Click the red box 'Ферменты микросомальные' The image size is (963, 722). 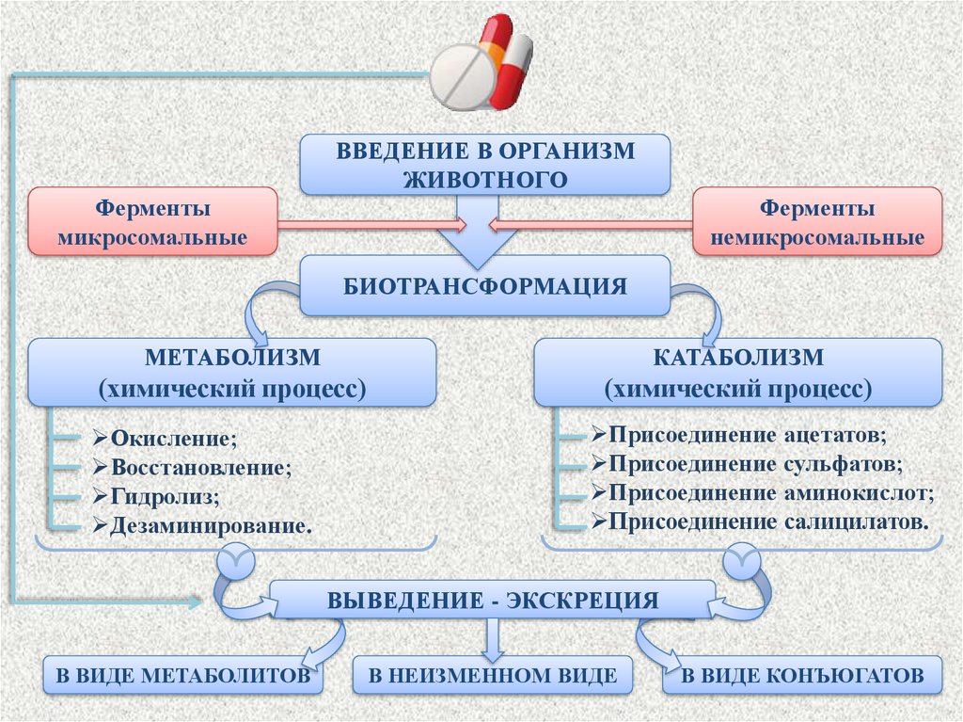click(x=152, y=221)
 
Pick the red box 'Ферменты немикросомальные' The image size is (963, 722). click(x=817, y=221)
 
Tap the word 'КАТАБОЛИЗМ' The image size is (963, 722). click(x=738, y=359)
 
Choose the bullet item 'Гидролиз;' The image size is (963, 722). click(x=166, y=495)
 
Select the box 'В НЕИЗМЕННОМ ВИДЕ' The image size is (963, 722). click(x=492, y=675)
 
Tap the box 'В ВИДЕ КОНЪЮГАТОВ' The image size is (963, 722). click(x=801, y=675)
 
